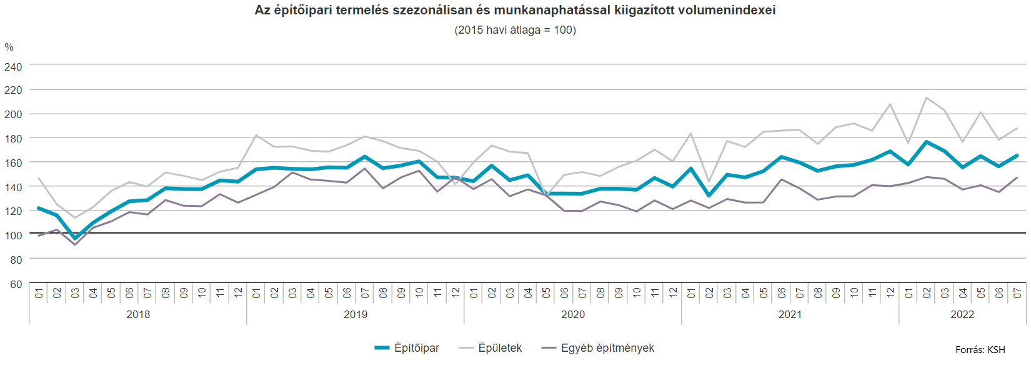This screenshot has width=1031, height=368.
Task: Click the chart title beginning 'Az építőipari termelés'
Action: coord(515,10)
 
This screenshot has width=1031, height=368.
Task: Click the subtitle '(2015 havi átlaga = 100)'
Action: coord(515,30)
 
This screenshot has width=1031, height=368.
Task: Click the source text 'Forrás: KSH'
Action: coord(980,350)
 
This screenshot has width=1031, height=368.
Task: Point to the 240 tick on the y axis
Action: coord(13,67)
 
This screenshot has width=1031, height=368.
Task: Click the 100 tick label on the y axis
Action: coord(13,236)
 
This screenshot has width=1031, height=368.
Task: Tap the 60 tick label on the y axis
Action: coord(16,284)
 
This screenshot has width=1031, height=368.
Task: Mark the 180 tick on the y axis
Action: coord(13,139)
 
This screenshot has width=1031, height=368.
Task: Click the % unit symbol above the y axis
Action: coord(9,47)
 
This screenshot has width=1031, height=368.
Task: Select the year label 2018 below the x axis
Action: coord(138,315)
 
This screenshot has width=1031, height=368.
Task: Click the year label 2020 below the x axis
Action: coord(573,315)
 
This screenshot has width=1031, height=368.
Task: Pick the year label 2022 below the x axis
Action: coord(962,315)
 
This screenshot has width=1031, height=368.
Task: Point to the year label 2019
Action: coord(356,315)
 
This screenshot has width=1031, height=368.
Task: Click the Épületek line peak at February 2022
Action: coord(926,97)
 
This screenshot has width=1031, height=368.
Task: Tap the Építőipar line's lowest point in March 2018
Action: coord(75,238)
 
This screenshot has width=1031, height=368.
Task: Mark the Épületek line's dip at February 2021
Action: coord(709,181)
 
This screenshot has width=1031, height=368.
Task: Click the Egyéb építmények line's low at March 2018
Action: coord(75,244)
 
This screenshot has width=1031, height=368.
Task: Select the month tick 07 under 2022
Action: coord(1017,292)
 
